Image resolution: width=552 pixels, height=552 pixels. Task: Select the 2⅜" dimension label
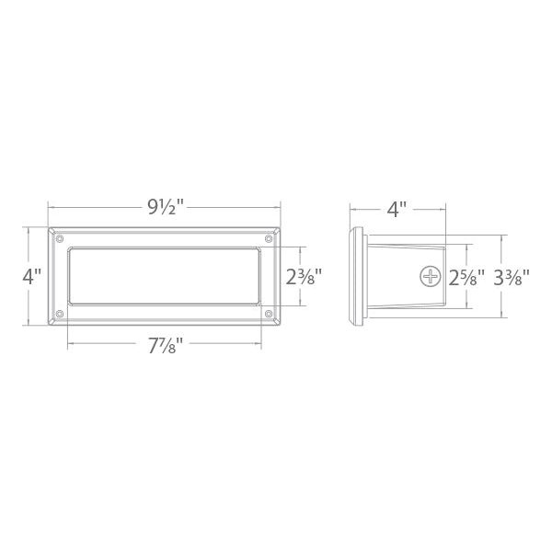(x=303, y=275)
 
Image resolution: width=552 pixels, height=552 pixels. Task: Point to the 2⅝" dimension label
(x=460, y=275)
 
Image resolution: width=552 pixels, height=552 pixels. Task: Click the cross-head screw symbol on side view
(x=429, y=275)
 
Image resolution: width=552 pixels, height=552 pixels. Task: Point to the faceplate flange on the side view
(x=357, y=275)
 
